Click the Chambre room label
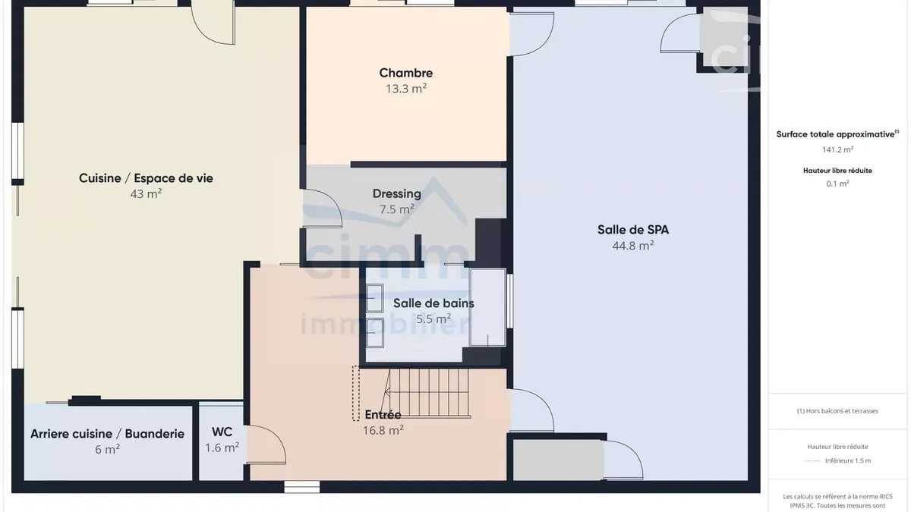pos(406,73)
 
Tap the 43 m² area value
pos(146,194)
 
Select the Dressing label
pos(397,194)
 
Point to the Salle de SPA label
pos(633,230)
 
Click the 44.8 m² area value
pos(633,246)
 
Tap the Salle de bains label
pos(433,303)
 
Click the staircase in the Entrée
pos(427,393)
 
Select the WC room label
pos(222,432)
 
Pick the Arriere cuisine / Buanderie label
pos(107,434)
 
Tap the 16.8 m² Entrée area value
pos(383,430)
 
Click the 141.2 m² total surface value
pos(838,149)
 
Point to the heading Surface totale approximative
pos(835,134)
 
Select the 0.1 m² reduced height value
pos(838,184)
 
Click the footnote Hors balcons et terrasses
pos(838,411)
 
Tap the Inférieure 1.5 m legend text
pos(848,461)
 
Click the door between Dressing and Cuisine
pos(321,208)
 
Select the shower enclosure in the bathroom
pos(487,308)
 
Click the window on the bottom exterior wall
pos(302,487)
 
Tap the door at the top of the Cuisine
pos(213,23)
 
